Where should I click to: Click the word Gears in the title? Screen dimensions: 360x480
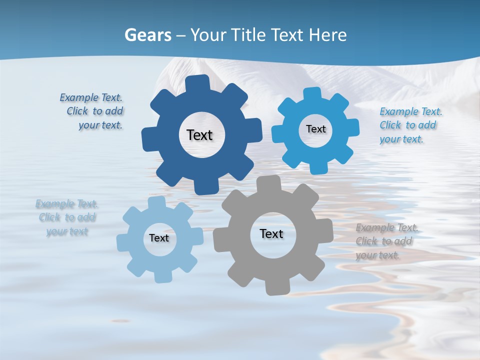tap(147, 35)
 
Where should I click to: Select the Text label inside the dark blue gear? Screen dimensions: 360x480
tap(199, 135)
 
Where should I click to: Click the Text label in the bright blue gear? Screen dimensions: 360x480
tap(315, 129)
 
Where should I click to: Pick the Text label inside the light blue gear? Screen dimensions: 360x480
tap(159, 238)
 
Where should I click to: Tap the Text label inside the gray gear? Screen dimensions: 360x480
tap(271, 233)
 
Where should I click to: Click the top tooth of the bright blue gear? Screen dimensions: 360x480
tap(312, 93)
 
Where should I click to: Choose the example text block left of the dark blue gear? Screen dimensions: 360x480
tap(93, 111)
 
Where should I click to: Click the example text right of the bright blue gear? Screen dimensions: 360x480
tap(410, 125)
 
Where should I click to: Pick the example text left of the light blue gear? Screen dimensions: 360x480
tap(67, 217)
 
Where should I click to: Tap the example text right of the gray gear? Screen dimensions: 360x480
tap(386, 241)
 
